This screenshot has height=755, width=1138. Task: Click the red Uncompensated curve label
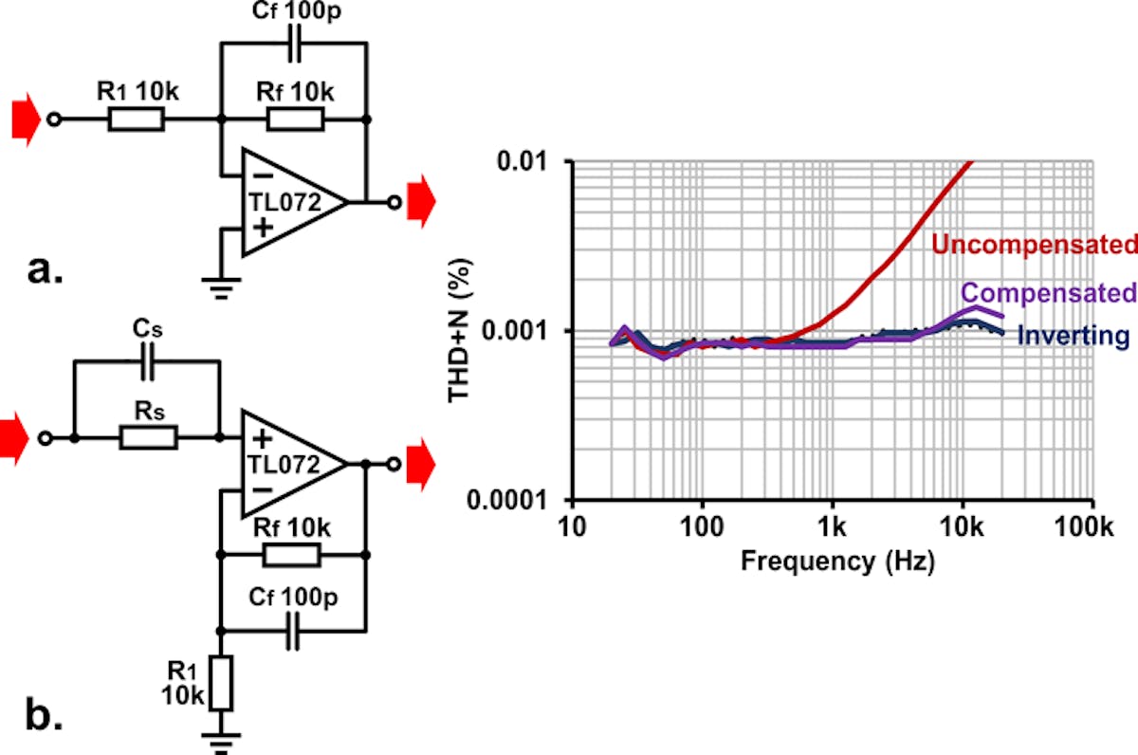1034,245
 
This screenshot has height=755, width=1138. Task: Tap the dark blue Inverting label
1074,335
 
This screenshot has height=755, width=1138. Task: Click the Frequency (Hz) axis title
837,561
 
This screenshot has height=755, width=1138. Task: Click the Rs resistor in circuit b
148,437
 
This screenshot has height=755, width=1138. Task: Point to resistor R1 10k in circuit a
136,120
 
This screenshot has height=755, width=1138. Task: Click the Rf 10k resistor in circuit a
295,120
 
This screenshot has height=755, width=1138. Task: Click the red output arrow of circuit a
420,201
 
